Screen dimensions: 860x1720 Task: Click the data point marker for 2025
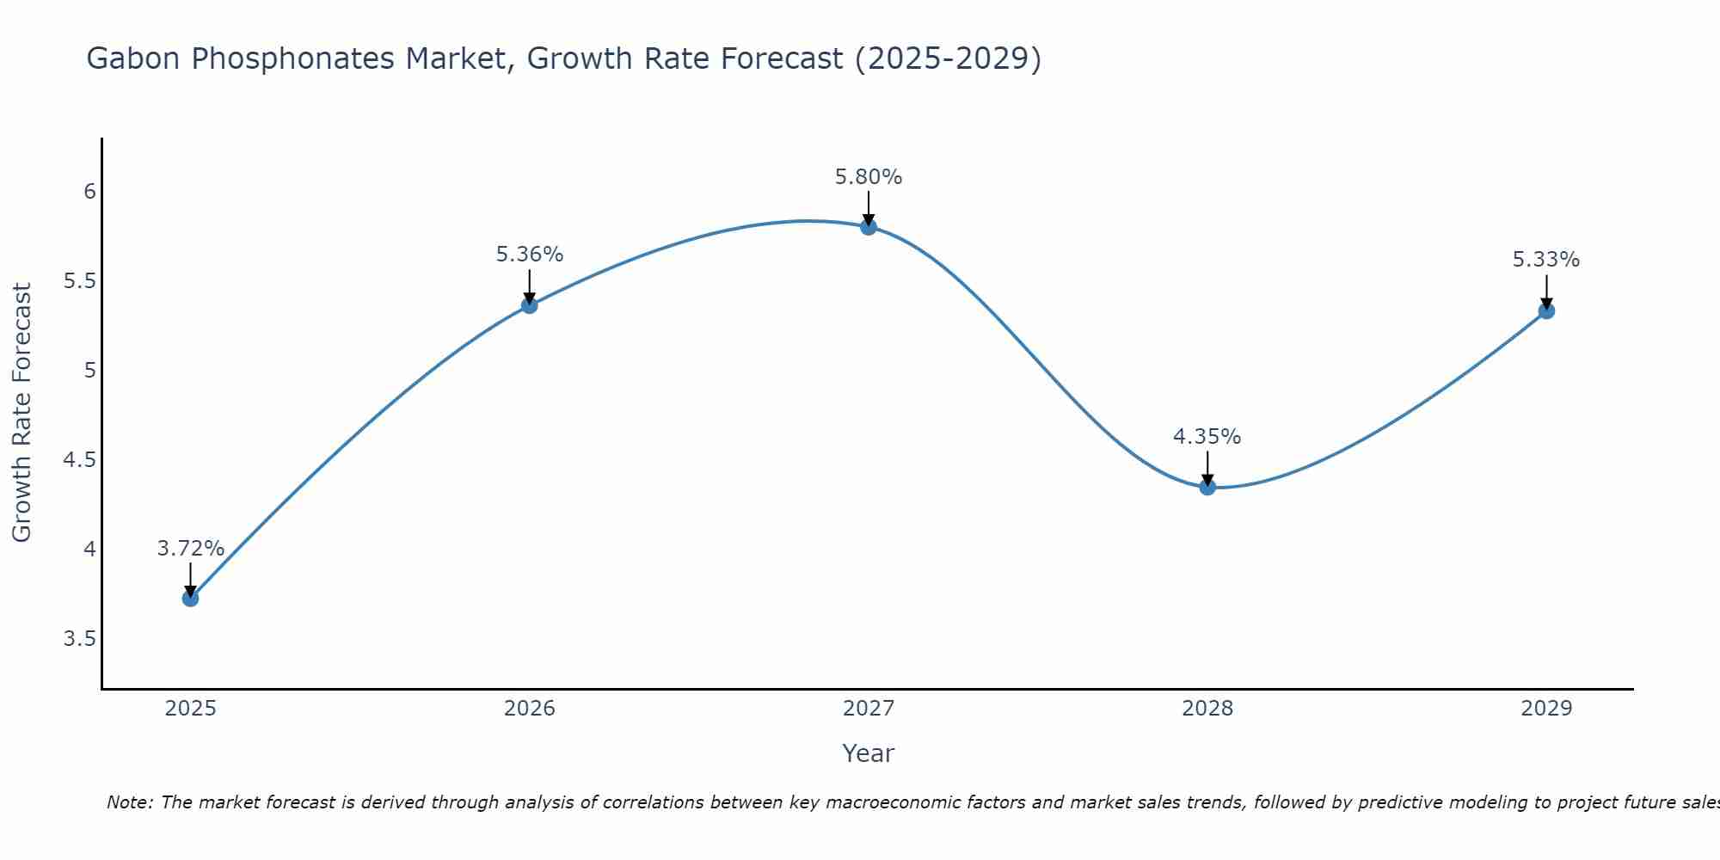(191, 598)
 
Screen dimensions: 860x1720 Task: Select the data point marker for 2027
(869, 227)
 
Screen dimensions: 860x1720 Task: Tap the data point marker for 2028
(1207, 487)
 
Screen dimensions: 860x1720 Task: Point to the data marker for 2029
(1546, 310)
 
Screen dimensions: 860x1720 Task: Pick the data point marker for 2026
(530, 304)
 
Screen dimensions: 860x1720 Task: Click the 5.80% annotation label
(869, 177)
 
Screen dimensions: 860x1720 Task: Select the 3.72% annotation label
(191, 549)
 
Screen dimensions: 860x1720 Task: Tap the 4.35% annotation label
(1207, 437)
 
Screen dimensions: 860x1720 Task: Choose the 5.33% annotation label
(1546, 260)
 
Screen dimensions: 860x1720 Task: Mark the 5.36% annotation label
(530, 255)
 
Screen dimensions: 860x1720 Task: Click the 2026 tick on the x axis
(530, 709)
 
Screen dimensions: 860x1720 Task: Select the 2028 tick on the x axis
(1207, 709)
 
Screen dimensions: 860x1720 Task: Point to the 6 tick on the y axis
(89, 191)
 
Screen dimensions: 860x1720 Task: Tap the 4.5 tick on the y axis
(80, 460)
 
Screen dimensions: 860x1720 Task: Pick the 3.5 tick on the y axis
(80, 639)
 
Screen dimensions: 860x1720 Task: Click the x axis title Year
(869, 753)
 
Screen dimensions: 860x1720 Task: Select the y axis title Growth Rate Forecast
(21, 413)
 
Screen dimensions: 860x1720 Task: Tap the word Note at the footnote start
(129, 802)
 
